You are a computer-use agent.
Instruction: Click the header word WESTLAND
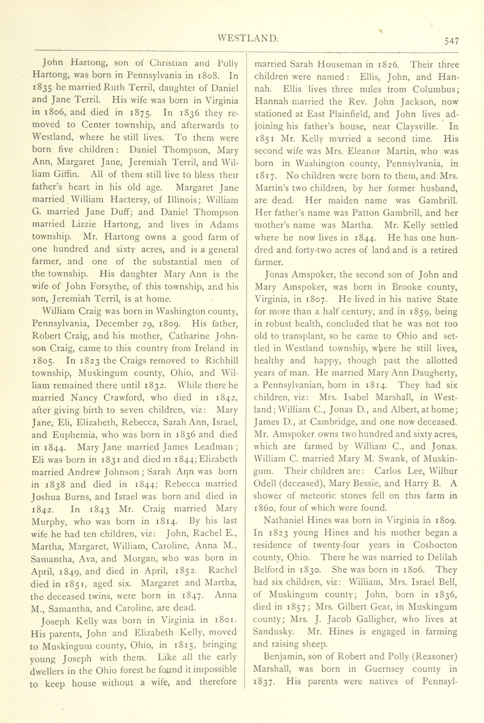coord(248,38)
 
